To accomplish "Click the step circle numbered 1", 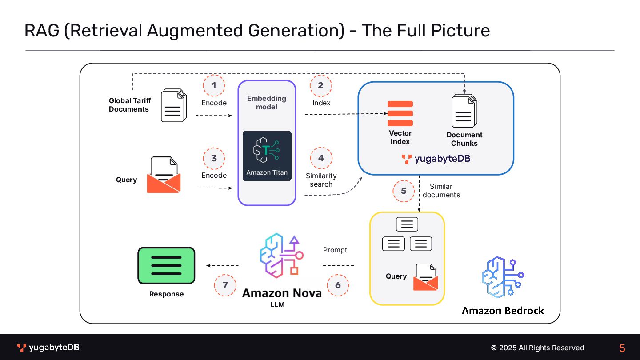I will pos(214,86).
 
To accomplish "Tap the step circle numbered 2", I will pos(320,86).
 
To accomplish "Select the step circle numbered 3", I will pos(214,159).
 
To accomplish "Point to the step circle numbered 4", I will pos(321,158).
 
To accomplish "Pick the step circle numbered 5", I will pos(404,191).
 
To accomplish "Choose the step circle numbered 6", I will pos(338,285).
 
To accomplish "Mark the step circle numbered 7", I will pos(225,285).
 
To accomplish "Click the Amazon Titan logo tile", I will pos(267,156).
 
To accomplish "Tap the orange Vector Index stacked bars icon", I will pos(400,113).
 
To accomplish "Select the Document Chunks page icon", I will pos(464,112).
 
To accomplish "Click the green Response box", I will pos(166,265).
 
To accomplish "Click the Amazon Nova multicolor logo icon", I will pos(281,256).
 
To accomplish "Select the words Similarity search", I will pos(321,180).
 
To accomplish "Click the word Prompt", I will pos(335,250).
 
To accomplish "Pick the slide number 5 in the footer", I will pos(622,348).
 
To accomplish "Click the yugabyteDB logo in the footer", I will pos(48,348).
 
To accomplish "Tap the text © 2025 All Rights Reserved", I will pos(537,348).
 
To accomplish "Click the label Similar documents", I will pos(441,191).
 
